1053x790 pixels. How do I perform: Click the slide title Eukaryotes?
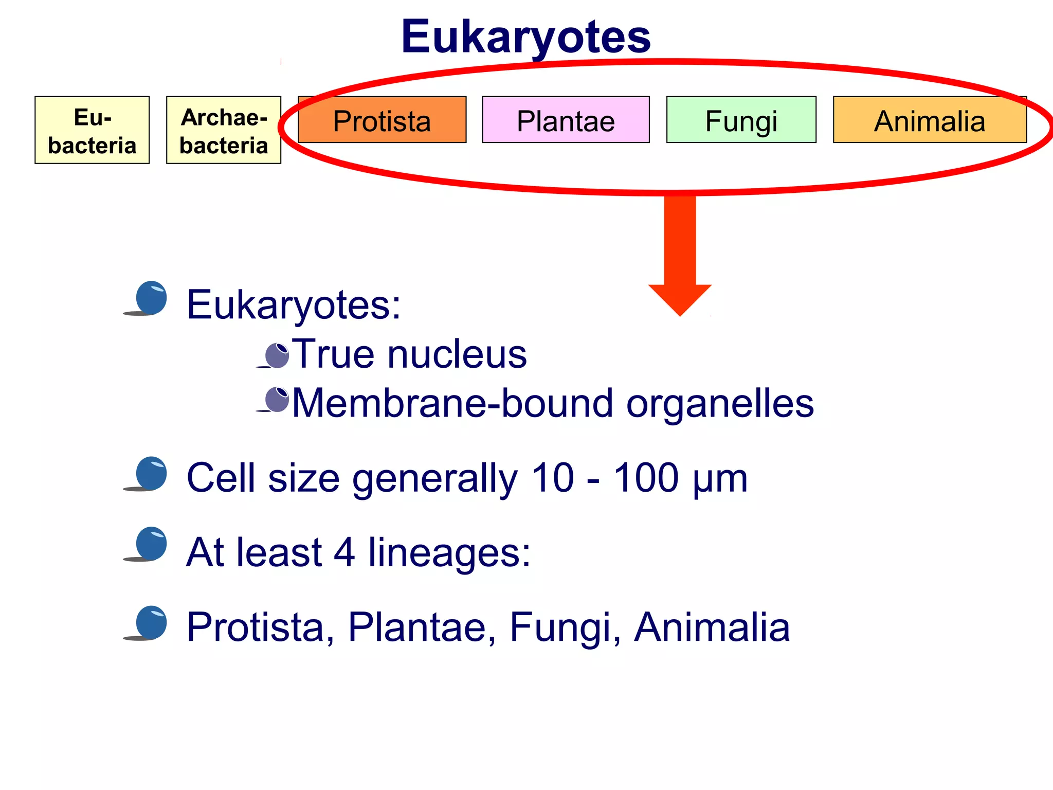pos(525,37)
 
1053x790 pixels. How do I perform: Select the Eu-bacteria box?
pos(92,130)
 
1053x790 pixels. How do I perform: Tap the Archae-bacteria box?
pos(224,130)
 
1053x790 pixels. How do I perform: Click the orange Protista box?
pos(382,120)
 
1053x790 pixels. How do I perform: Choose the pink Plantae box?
pos(566,120)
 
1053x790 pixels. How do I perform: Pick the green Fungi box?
pos(741,120)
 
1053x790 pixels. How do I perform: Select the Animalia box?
pos(930,120)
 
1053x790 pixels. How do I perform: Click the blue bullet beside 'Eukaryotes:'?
pos(151,298)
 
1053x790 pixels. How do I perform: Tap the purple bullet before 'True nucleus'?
pos(277,355)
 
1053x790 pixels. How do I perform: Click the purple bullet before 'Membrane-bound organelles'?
pos(277,399)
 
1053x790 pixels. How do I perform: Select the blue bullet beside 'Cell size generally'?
pos(151,473)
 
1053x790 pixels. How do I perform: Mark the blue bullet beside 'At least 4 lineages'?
pos(151,544)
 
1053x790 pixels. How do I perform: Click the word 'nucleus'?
pos(457,355)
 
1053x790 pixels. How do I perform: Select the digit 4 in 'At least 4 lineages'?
pos(344,552)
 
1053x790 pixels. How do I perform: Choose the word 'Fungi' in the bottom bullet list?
pos(565,627)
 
